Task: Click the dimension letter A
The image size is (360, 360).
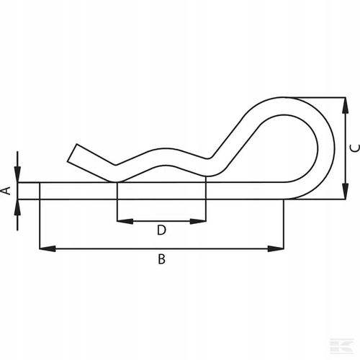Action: (x=6, y=191)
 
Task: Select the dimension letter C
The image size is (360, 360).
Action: (x=353, y=148)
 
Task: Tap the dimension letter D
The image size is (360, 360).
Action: (x=161, y=230)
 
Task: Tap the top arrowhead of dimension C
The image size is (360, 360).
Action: (x=341, y=102)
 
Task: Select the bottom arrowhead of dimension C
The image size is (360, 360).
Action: (x=341, y=194)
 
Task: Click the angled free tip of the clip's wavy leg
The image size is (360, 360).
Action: (x=75, y=153)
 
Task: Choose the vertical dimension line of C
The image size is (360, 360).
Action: (x=341, y=148)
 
